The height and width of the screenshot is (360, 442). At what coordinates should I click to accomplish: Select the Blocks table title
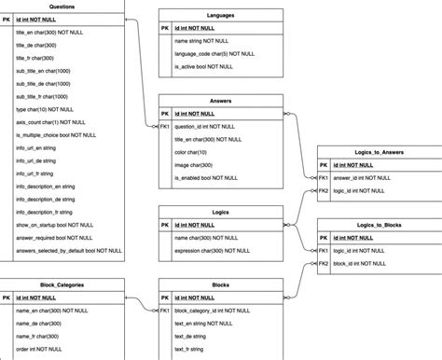point(221,285)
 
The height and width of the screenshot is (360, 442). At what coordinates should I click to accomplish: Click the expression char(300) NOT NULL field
point(212,251)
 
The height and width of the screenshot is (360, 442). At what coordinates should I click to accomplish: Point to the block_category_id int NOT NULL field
point(215,312)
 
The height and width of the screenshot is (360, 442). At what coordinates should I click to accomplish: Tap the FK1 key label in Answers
point(165,126)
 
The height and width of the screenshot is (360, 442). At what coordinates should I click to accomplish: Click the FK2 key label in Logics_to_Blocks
point(324,263)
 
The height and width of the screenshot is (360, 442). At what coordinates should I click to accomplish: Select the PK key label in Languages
point(165,28)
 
